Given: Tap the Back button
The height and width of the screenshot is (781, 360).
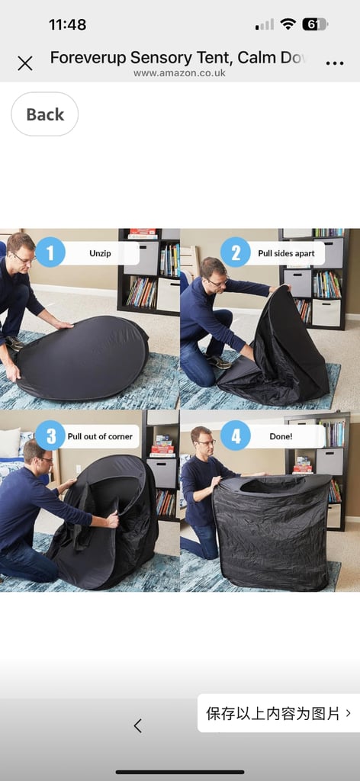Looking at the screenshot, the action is [x=45, y=114].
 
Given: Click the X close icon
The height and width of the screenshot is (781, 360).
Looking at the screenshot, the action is [x=25, y=63].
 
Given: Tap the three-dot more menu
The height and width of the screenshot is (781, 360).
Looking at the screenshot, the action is [x=335, y=63].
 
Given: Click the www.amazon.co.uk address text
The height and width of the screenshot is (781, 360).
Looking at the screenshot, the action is [x=179, y=73].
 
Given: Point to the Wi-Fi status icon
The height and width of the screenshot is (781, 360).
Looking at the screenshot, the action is [x=288, y=24].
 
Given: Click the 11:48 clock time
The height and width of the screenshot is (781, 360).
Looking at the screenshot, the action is [x=67, y=24].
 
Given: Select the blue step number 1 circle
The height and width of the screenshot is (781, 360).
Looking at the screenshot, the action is [x=50, y=252].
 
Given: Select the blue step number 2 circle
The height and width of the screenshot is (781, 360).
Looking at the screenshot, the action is [x=236, y=252].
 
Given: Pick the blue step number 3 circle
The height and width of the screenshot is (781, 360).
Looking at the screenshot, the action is [x=50, y=435].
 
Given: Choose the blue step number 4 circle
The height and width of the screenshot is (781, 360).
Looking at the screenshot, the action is [x=236, y=435].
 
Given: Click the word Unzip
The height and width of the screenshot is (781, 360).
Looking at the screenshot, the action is [x=101, y=253].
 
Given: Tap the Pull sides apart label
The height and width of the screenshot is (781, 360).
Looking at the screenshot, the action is [x=286, y=253].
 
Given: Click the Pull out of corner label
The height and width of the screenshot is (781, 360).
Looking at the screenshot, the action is [x=100, y=436].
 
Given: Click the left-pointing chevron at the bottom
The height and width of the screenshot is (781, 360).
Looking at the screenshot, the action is [x=138, y=726].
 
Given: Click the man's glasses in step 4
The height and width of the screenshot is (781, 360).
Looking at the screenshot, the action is [x=206, y=442].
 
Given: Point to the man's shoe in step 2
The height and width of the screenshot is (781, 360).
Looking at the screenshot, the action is [x=220, y=362].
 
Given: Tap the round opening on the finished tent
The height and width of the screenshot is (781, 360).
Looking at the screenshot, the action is [x=272, y=484].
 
